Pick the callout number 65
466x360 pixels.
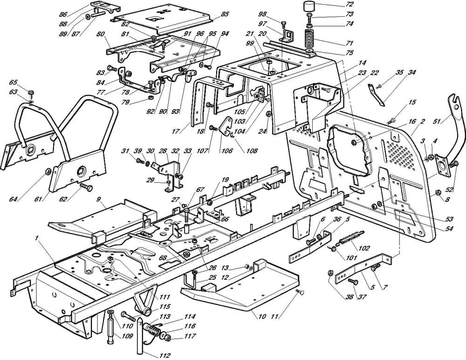13,83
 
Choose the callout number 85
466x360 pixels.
225,14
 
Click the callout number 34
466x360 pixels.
412,72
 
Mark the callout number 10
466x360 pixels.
262,316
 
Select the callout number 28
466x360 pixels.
163,151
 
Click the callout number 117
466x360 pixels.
190,336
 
